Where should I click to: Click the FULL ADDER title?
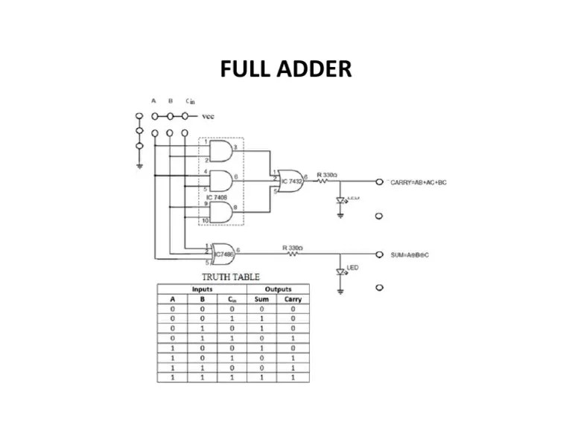pyautogui.click(x=286, y=69)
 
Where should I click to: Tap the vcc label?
pyautogui.click(x=208, y=117)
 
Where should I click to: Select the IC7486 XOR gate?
pyautogui.click(x=223, y=254)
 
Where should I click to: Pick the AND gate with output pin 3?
pyautogui.click(x=221, y=152)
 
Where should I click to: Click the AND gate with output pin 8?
pyautogui.click(x=221, y=212)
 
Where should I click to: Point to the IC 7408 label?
pyautogui.click(x=217, y=197)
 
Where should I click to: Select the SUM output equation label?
pyautogui.click(x=410, y=254)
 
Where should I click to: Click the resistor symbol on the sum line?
pyautogui.click(x=292, y=254)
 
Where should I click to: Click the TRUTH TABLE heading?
pyautogui.click(x=230, y=277)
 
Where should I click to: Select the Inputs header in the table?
pyautogui.click(x=202, y=289)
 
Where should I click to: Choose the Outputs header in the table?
pyautogui.click(x=279, y=289)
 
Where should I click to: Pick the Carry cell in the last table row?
pyautogui.click(x=293, y=377)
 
